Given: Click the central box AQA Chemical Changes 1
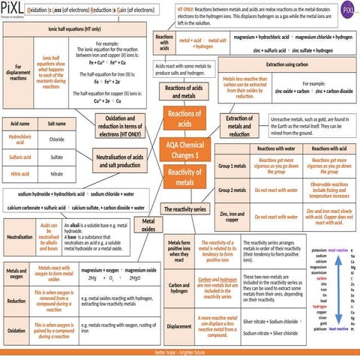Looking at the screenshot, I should pyautogui.click(x=179, y=148).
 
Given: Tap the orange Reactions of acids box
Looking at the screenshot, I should pyautogui.click(x=179, y=118).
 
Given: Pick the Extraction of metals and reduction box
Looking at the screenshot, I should pyautogui.click(x=238, y=126).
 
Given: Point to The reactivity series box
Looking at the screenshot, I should pyautogui.click(x=184, y=208).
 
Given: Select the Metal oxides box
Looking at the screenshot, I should pyautogui.click(x=148, y=224).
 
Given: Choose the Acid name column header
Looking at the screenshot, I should pyautogui.click(x=20, y=123).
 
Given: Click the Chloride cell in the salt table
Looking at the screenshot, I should pyautogui.click(x=56, y=139).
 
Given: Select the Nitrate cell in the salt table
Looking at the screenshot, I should pyautogui.click(x=56, y=173).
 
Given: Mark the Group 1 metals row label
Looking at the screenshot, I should pyautogui.click(x=231, y=165).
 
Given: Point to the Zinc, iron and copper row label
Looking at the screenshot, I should pyautogui.click(x=231, y=217).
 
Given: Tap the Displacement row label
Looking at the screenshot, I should pyautogui.click(x=179, y=327).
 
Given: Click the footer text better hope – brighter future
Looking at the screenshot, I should pyautogui.click(x=180, y=352).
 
